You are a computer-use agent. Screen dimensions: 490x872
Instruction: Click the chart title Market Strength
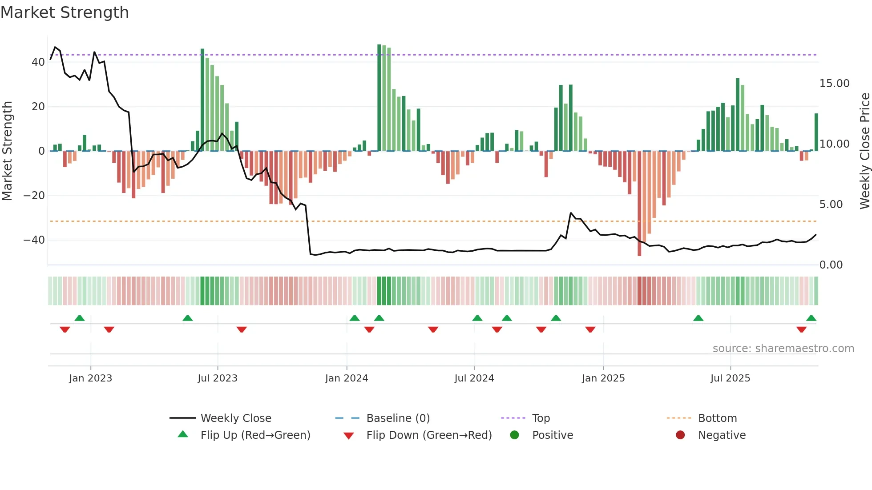tap(65, 12)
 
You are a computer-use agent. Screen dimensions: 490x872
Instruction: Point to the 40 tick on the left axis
tap(38, 62)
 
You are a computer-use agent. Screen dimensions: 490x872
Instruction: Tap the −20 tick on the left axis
tap(34, 196)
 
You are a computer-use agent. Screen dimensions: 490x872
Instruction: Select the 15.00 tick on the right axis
tap(834, 84)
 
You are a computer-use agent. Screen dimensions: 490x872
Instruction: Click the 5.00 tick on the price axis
tap(831, 205)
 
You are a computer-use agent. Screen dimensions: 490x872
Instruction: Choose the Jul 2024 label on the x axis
tap(474, 378)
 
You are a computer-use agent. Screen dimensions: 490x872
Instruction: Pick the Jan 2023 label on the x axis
tap(90, 378)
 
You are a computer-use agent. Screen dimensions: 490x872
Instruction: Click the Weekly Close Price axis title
tap(864, 151)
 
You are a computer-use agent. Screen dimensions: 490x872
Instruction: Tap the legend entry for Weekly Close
tap(235, 418)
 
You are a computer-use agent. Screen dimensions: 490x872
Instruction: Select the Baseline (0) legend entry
tap(398, 418)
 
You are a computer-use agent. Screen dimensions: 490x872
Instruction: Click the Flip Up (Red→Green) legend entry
tap(255, 435)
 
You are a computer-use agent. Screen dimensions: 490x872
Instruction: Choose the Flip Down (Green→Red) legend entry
tap(428, 435)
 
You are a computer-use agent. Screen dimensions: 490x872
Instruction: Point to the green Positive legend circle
tap(514, 435)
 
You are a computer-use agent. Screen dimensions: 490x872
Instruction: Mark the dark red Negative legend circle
tap(680, 435)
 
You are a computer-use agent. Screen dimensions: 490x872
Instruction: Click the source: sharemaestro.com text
tap(783, 349)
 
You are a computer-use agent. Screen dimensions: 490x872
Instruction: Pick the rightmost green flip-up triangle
tap(811, 318)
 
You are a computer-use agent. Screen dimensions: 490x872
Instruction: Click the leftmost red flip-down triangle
tap(65, 329)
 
